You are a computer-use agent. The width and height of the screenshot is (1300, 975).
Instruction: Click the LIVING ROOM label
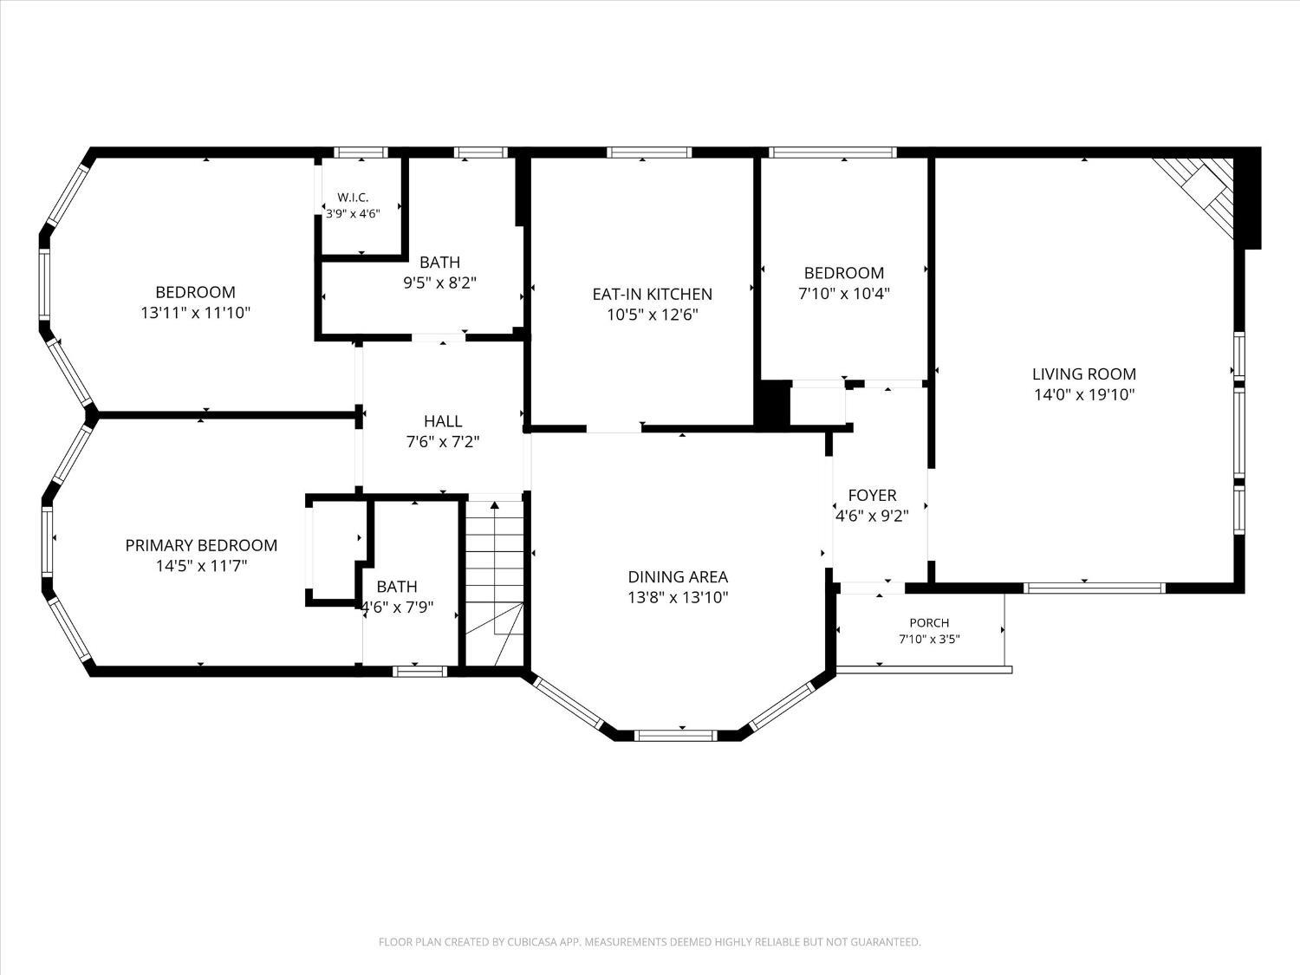tap(1084, 374)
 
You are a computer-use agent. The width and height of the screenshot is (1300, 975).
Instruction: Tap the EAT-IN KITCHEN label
tap(652, 294)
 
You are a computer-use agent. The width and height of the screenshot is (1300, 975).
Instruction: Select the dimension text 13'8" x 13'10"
tap(678, 597)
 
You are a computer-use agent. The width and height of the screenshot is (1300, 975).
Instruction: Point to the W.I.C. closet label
tap(353, 198)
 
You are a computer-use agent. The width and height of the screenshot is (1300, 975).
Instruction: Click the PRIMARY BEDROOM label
tap(201, 545)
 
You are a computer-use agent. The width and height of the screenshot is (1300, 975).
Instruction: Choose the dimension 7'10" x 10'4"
tap(844, 294)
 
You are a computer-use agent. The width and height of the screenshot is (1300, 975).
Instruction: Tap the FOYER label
tap(872, 496)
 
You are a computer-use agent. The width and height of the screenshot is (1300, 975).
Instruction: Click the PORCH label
tap(929, 623)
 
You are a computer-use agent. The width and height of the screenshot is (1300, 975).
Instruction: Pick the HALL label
tap(443, 421)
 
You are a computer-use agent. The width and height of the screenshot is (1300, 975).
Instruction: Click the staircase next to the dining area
tap(495, 583)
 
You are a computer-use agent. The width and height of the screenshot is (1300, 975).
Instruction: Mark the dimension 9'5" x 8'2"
tap(440, 283)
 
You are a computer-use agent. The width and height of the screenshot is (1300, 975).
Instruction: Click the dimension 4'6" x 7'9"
tap(398, 608)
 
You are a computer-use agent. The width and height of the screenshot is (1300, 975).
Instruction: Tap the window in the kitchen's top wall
tap(649, 153)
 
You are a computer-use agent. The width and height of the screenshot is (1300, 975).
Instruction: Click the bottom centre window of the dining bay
tap(676, 736)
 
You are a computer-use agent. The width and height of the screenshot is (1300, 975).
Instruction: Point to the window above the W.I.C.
tap(361, 153)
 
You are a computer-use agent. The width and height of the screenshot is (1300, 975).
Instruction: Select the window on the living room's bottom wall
tap(1095, 588)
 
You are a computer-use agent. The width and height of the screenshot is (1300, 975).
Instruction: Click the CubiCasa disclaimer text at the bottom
tap(650, 942)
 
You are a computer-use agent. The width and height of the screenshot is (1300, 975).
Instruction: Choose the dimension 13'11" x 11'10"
tap(196, 313)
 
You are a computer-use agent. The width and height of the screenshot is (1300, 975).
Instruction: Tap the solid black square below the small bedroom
tap(772, 402)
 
